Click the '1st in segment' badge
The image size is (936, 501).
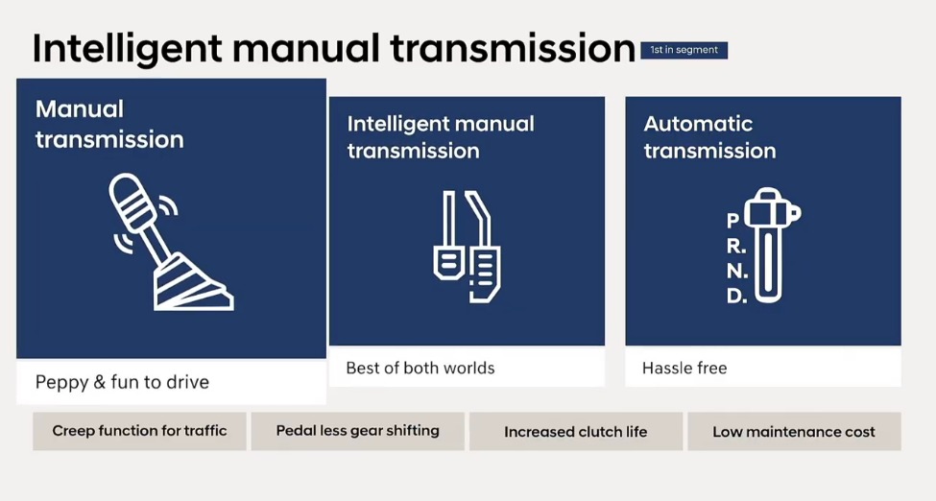point(684,50)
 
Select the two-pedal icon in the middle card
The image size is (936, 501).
point(467,247)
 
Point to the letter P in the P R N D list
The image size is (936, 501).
point(733,222)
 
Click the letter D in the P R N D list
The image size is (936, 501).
point(734,297)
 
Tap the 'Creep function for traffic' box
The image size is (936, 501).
point(139,431)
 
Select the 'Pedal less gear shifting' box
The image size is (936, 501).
point(357,431)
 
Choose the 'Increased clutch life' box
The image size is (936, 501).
point(575,432)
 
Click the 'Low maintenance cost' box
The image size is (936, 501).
point(793,432)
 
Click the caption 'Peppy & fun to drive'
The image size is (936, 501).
point(122,382)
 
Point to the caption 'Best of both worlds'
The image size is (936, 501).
point(420,368)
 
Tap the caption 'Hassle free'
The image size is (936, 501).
point(684,368)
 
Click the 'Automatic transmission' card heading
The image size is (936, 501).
point(709,137)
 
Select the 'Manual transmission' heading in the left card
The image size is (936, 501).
point(109,124)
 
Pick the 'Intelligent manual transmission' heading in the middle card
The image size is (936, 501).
point(441,137)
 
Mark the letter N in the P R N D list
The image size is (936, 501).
point(734,272)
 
